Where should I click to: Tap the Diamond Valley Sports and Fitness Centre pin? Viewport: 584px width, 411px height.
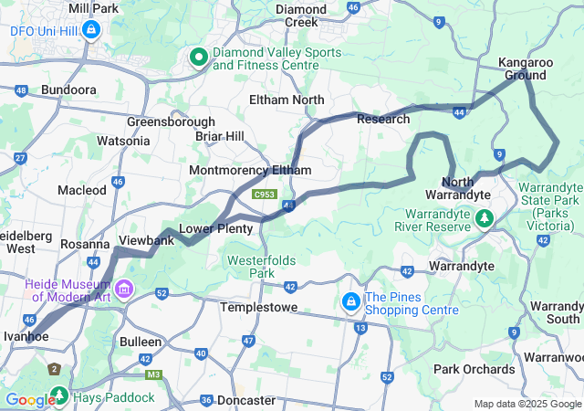click(198, 58)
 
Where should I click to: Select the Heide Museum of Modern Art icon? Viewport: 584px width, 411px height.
click(124, 290)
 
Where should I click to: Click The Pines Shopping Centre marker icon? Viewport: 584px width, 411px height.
click(350, 300)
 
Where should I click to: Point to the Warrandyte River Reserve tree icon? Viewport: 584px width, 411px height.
click(485, 218)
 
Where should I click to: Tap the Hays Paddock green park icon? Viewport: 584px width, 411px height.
click(60, 396)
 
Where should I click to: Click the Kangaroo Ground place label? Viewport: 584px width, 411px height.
click(525, 68)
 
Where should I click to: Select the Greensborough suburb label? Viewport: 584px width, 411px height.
click(171, 121)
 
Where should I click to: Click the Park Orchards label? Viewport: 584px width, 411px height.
click(474, 369)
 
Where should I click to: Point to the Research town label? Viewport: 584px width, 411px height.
click(383, 119)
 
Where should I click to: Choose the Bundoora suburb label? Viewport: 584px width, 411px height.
click(69, 91)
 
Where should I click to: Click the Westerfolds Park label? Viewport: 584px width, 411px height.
click(262, 267)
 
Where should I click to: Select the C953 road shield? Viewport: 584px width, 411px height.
click(266, 195)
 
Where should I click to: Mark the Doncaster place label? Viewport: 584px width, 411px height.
click(246, 400)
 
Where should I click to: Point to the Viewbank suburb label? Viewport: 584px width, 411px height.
click(146, 241)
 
